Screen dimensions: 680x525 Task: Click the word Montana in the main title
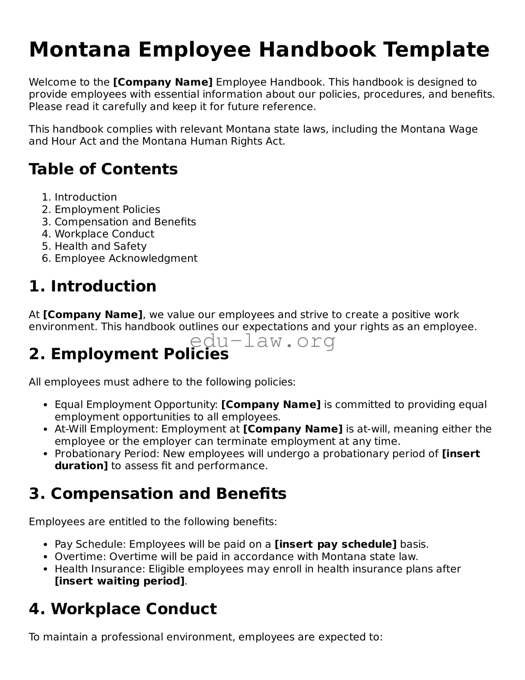coord(80,50)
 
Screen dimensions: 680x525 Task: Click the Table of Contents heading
coord(103,169)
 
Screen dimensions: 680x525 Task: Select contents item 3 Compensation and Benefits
coord(125,222)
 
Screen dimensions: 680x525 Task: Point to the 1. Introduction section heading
coord(92,286)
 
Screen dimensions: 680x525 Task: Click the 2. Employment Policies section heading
coord(129,354)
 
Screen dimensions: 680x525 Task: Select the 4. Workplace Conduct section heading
coord(123,609)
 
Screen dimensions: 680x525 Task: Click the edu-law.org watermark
coord(262,341)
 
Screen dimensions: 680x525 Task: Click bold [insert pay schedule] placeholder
coord(336,544)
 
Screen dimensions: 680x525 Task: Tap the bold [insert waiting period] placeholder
coord(120,581)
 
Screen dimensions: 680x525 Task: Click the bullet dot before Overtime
coord(46,557)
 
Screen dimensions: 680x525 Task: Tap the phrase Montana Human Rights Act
coord(213,141)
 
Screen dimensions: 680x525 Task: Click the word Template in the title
coord(436,50)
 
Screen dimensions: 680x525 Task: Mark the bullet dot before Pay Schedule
coord(46,545)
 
